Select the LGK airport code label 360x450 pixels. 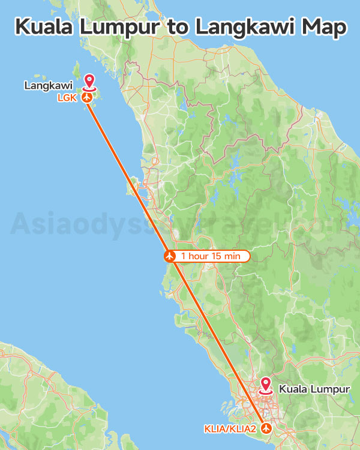tap(67, 97)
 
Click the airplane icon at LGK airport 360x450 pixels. tap(88, 97)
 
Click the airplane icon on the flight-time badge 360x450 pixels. tap(170, 256)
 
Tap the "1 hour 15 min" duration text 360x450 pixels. tap(210, 256)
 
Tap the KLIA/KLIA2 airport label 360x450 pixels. tap(229, 428)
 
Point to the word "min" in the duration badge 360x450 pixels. tap(232, 256)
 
